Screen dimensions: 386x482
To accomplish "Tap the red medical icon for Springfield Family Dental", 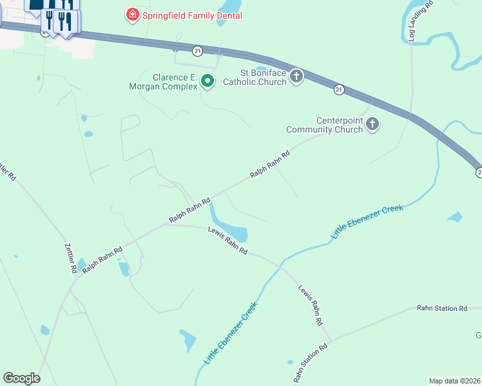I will (x=132, y=14).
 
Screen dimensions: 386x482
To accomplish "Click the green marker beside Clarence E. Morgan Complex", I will (x=207, y=81).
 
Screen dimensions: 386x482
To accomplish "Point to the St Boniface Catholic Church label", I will (x=254, y=77).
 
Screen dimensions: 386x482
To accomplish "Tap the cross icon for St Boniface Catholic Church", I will (x=296, y=77).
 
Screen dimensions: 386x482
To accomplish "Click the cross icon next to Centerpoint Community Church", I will (x=372, y=124).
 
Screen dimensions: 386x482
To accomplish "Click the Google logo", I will (x=21, y=378).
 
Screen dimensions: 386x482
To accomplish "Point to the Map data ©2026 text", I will (x=454, y=381).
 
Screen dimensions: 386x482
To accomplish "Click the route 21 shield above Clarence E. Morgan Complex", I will (x=197, y=50).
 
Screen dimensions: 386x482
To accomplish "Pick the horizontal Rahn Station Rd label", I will (x=441, y=309).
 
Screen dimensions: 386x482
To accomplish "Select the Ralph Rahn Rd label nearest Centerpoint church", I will (x=270, y=165).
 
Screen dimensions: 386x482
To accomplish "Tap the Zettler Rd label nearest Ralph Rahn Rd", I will (x=70, y=258).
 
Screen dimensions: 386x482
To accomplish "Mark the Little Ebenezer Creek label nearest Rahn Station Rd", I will (x=230, y=335).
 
